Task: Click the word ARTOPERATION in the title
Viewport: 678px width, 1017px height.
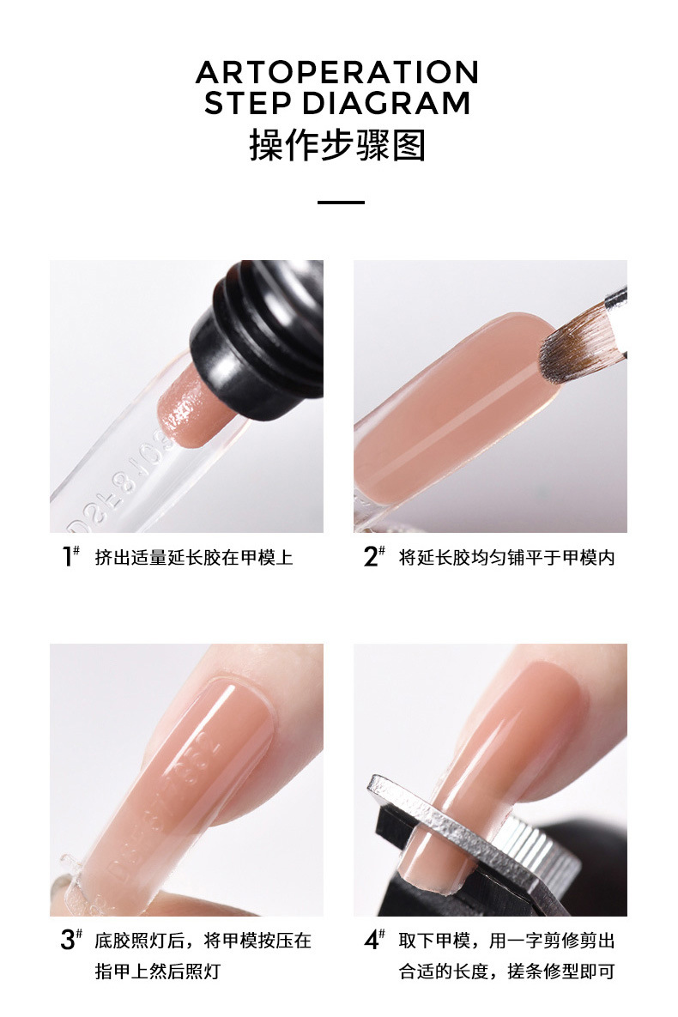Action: (x=337, y=72)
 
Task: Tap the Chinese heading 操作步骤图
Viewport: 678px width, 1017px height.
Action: (x=337, y=145)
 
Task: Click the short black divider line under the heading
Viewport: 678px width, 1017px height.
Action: (x=341, y=203)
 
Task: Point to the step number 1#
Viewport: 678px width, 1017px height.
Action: (x=70, y=556)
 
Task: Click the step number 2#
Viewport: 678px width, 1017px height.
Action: (x=373, y=556)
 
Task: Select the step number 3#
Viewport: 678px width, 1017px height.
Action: (x=71, y=939)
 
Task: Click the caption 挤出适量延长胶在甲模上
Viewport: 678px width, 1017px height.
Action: (x=194, y=557)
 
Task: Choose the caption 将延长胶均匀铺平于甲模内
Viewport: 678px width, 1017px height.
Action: (x=506, y=557)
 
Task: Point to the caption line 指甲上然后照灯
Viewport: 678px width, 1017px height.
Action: (x=158, y=971)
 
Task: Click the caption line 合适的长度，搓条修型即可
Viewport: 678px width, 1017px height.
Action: (x=506, y=971)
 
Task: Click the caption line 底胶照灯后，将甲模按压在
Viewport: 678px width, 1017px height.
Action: (x=203, y=940)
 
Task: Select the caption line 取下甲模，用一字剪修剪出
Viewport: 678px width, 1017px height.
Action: (x=506, y=940)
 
